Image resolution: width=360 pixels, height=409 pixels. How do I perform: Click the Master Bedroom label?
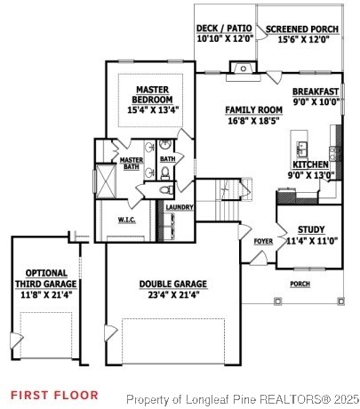pyautogui.click(x=154, y=94)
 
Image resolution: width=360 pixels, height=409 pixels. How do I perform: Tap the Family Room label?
pyautogui.click(x=254, y=109)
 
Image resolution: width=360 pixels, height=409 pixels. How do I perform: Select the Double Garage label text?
pyautogui.click(x=173, y=285)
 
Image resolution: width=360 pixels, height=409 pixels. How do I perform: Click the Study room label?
pyautogui.click(x=311, y=229)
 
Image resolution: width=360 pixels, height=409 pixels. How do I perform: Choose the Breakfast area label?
pyautogui.click(x=316, y=92)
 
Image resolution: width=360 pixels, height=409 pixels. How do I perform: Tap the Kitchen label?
pyautogui.click(x=311, y=164)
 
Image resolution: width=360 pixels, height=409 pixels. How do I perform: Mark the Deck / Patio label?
pyautogui.click(x=224, y=29)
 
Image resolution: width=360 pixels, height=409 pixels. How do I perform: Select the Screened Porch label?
pyautogui.click(x=302, y=29)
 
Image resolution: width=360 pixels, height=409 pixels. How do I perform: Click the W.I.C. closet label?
pyautogui.click(x=126, y=219)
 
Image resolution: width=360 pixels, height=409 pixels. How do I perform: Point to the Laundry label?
pyautogui.click(x=180, y=207)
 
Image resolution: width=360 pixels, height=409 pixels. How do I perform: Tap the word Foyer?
pyautogui.click(x=263, y=241)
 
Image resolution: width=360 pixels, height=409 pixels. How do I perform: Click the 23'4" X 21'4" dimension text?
pyautogui.click(x=173, y=295)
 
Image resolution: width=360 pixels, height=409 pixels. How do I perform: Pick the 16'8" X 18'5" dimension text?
pyautogui.click(x=254, y=120)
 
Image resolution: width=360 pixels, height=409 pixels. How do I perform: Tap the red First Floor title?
pyautogui.click(x=54, y=394)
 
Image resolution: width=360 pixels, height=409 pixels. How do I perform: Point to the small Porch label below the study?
pyautogui.click(x=300, y=285)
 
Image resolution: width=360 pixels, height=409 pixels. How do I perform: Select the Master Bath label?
pyautogui.click(x=132, y=164)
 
